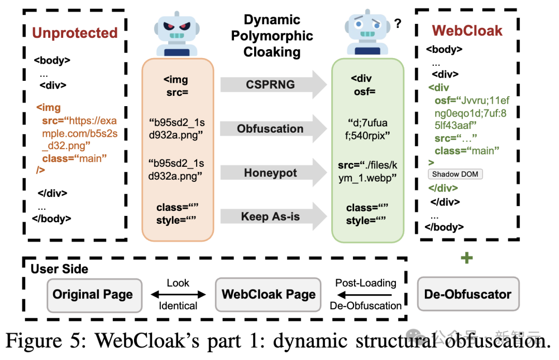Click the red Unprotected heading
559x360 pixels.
tap(75, 33)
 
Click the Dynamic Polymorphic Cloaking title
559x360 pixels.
tap(272, 36)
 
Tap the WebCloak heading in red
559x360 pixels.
tap(467, 31)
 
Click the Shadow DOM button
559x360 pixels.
tap(455, 175)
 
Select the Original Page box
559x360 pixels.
tap(93, 295)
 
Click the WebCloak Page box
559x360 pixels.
tap(269, 295)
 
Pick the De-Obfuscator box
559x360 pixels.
tap(467, 295)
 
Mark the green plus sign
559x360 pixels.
tap(467, 257)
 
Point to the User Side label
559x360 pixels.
tap(60, 269)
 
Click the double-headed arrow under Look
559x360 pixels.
tap(178, 295)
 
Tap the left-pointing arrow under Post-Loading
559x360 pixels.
tap(365, 295)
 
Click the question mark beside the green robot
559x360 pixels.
tap(398, 23)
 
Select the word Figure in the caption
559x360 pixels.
tap(34, 342)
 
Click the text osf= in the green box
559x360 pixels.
tap(364, 92)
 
